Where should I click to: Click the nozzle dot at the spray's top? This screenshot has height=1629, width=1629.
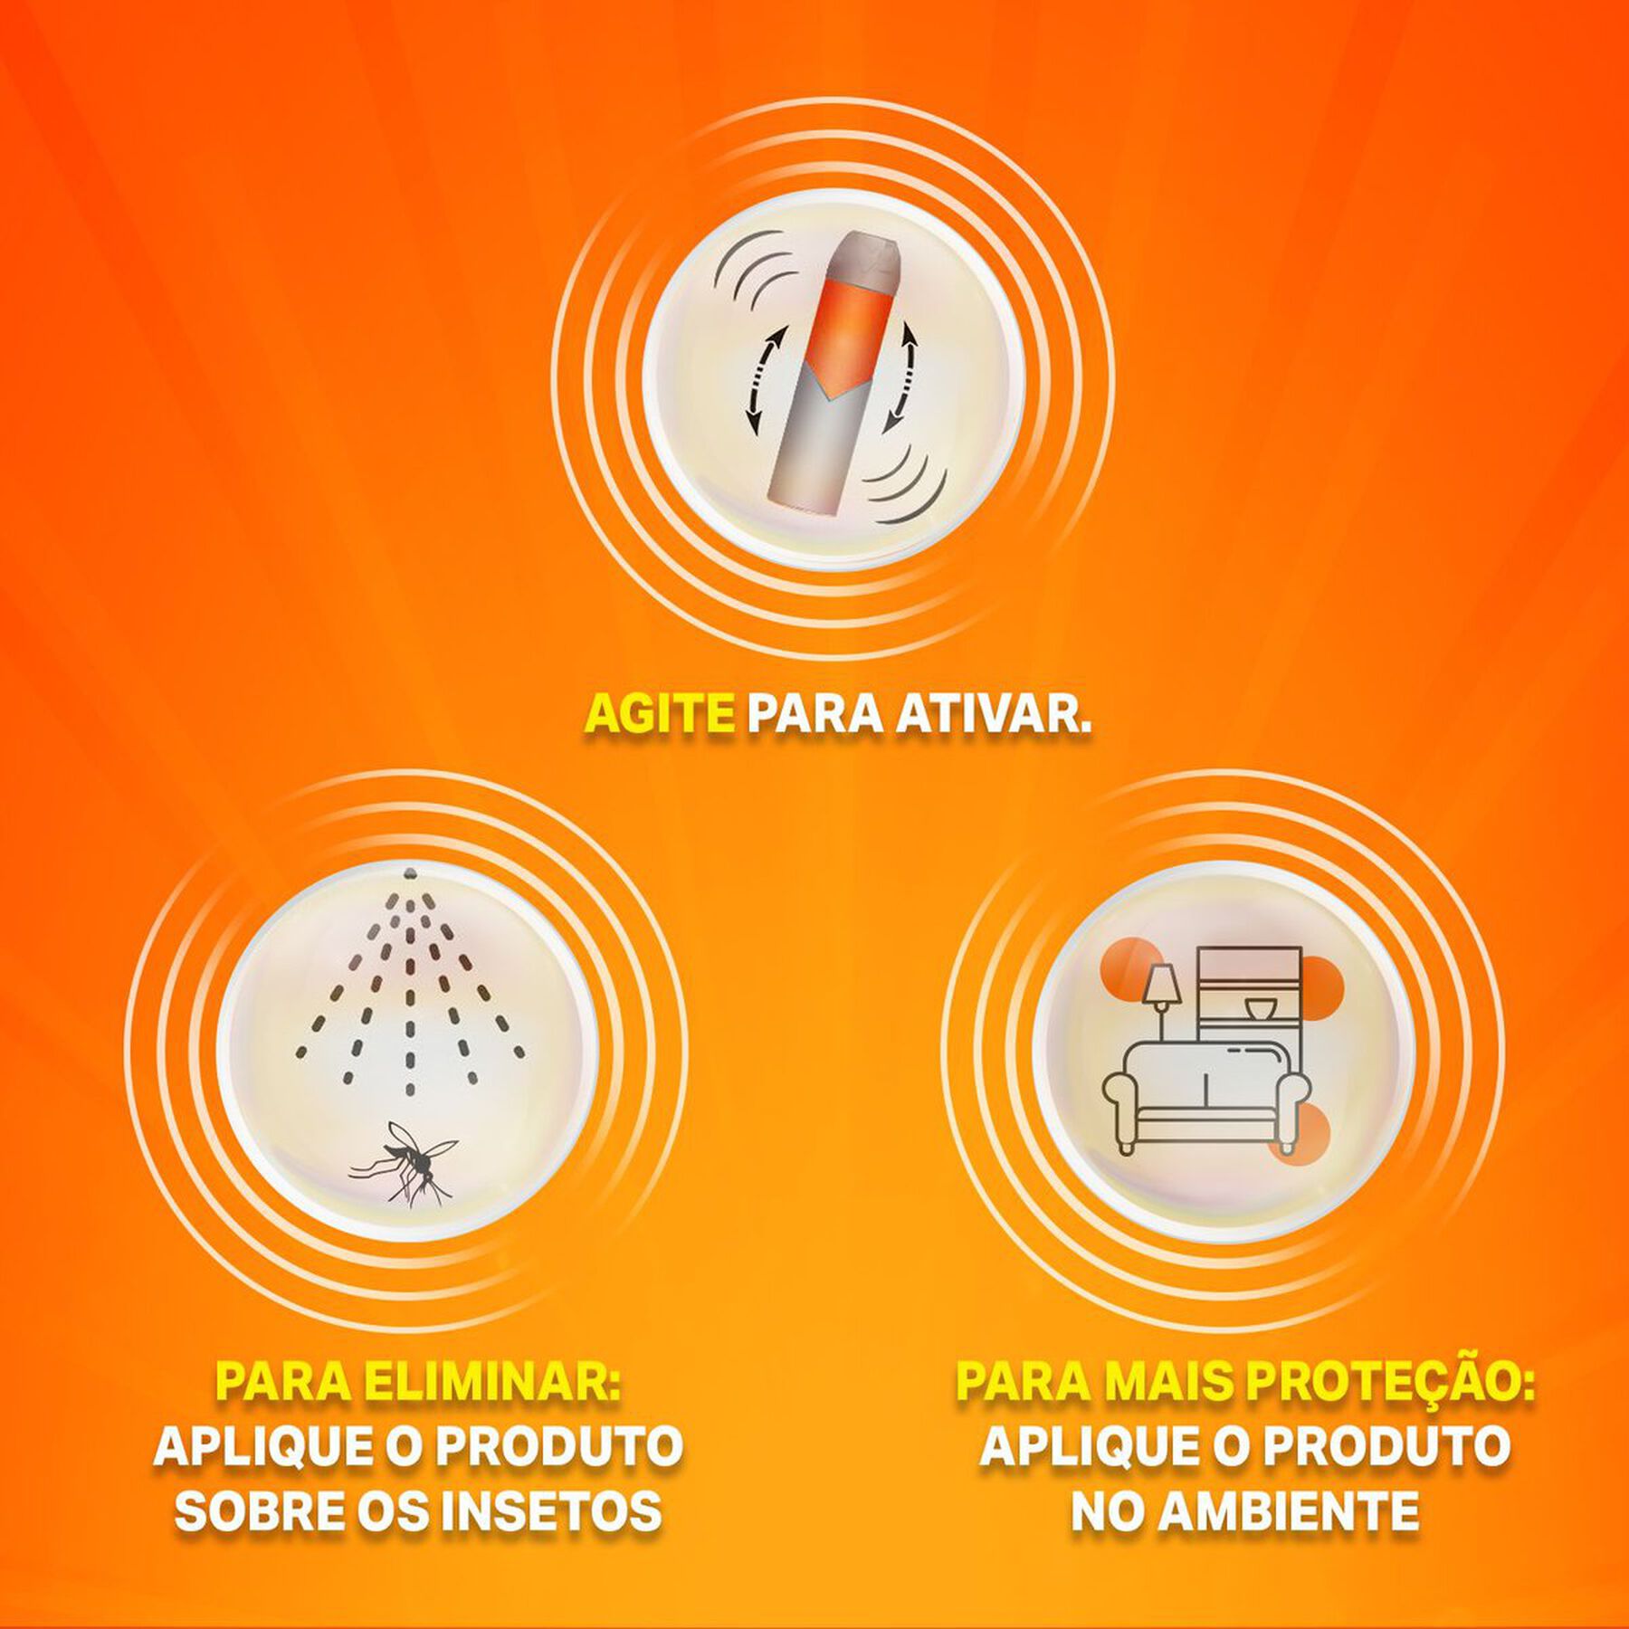(x=410, y=872)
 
